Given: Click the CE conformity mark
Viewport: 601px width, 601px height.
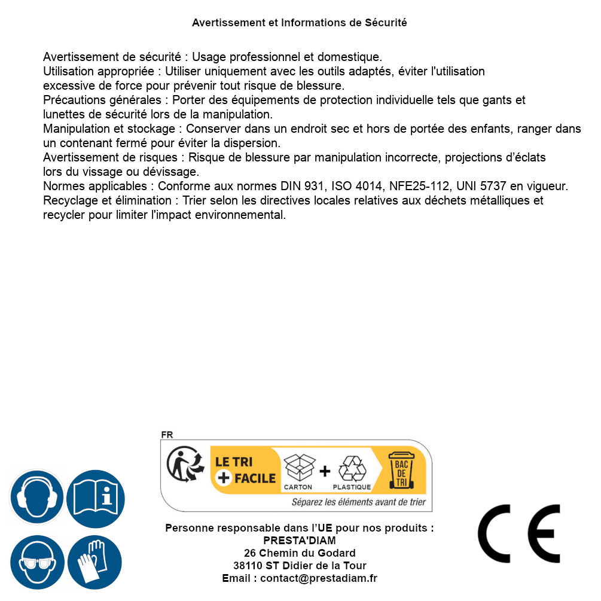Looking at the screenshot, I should pyautogui.click(x=519, y=533).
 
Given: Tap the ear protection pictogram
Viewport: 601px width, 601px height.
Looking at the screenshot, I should pyautogui.click(x=37, y=498).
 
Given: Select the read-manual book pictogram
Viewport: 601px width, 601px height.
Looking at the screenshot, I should pyautogui.click(x=96, y=498).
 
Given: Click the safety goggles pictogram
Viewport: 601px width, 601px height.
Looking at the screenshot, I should pyautogui.click(x=37, y=562).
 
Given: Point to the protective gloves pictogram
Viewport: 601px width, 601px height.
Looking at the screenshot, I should pyautogui.click(x=95, y=562).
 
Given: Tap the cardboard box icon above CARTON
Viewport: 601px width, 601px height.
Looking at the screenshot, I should pyautogui.click(x=298, y=468).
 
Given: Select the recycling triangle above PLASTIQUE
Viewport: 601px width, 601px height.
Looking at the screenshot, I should pyautogui.click(x=352, y=469).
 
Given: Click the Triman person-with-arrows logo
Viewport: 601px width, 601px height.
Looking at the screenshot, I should pyautogui.click(x=182, y=465).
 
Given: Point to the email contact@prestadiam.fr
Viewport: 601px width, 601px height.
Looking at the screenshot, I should pyautogui.click(x=319, y=578).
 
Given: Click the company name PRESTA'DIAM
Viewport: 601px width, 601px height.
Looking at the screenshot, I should pyautogui.click(x=300, y=541).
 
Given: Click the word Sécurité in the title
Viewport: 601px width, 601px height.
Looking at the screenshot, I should pyautogui.click(x=386, y=23).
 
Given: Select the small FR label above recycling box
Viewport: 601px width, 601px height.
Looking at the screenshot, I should pyautogui.click(x=167, y=435).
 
